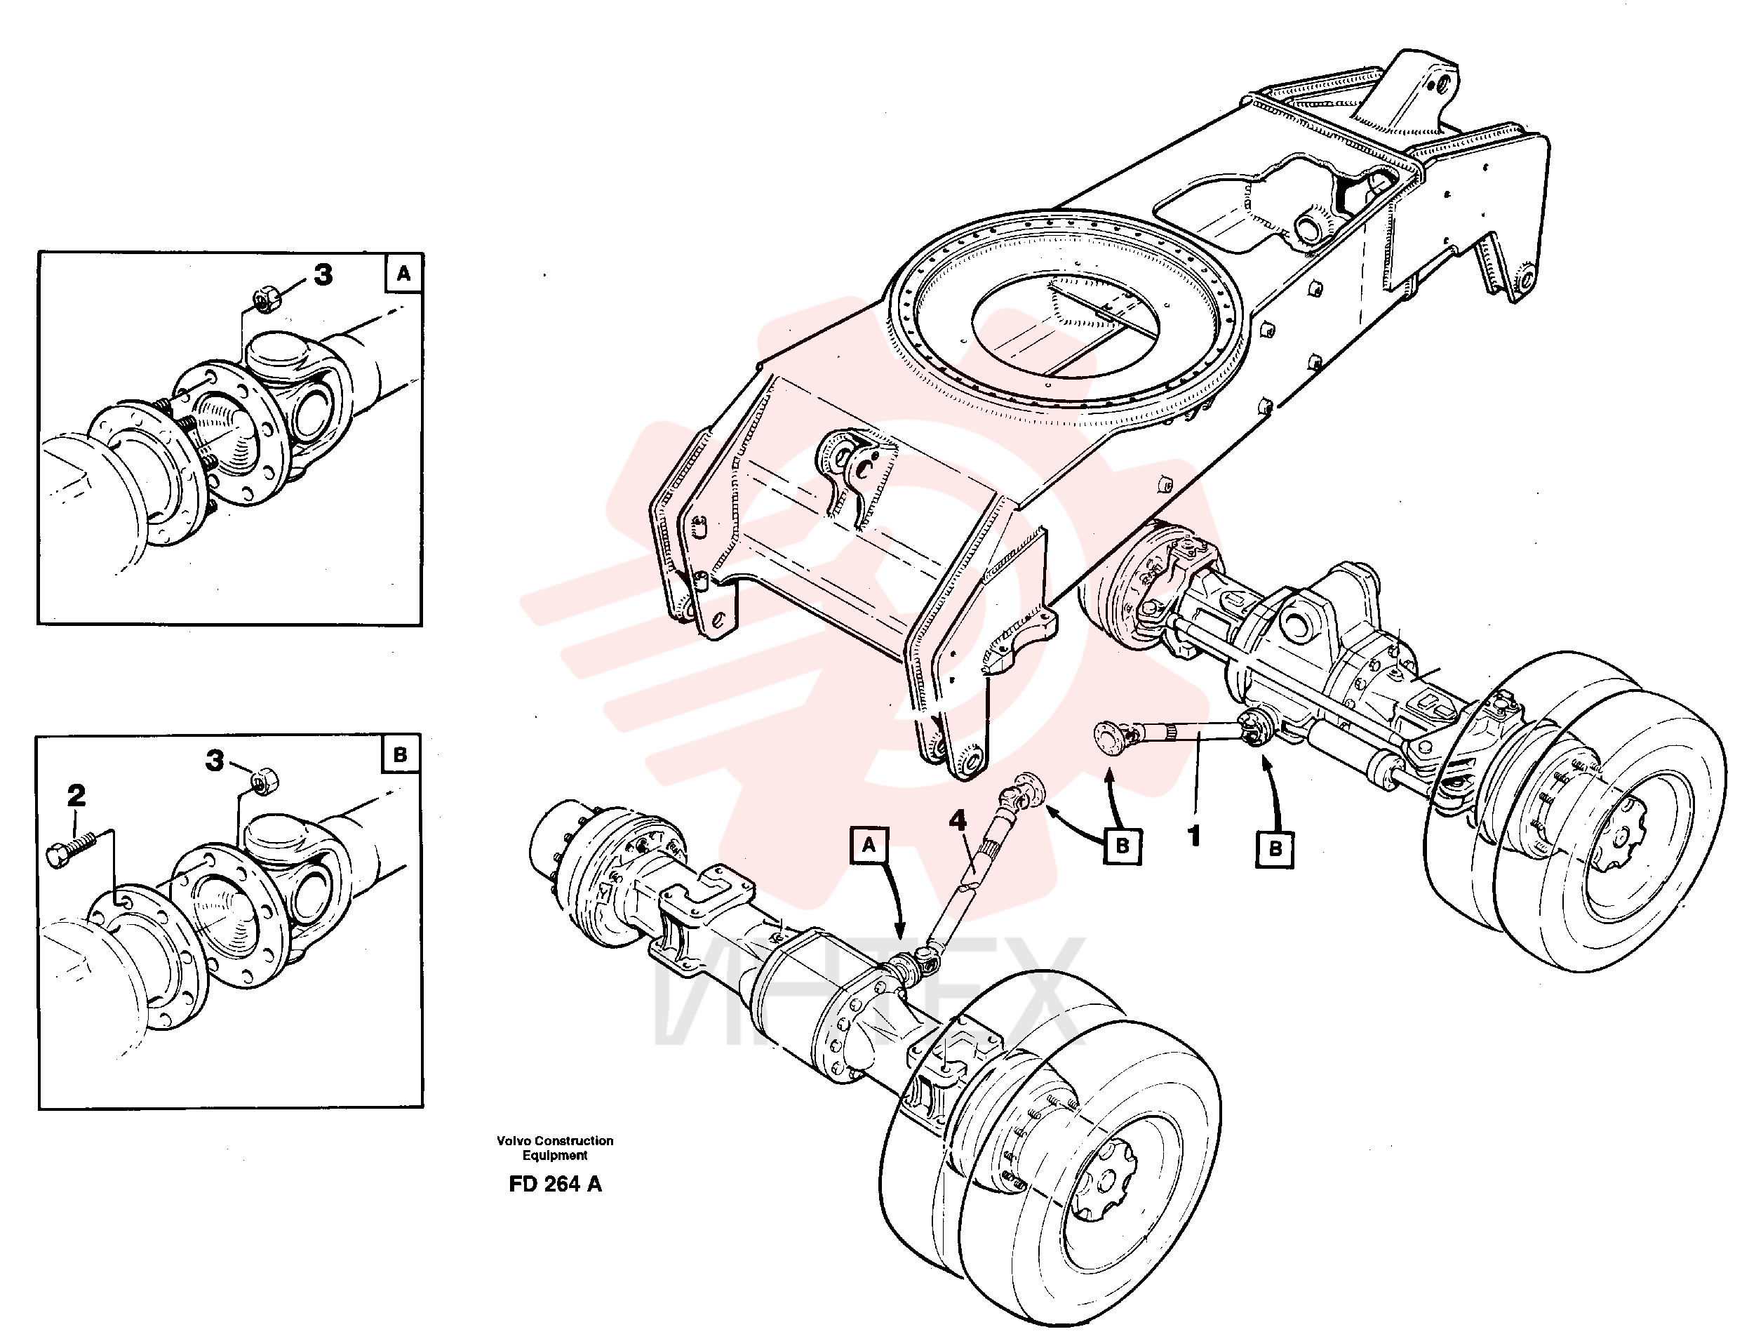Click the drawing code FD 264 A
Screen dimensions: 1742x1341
click(555, 1184)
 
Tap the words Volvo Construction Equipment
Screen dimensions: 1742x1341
click(555, 1147)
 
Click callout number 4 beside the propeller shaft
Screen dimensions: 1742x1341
click(957, 820)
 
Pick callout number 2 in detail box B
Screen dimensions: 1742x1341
click(76, 794)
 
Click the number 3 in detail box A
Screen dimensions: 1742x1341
click(323, 274)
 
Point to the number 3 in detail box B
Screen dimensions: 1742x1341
click(215, 760)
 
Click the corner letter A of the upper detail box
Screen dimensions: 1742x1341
click(403, 274)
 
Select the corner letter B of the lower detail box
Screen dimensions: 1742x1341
click(401, 754)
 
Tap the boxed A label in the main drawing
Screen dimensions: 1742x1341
click(869, 845)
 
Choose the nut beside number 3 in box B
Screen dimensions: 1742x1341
click(264, 780)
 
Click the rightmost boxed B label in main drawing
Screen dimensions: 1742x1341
click(1275, 850)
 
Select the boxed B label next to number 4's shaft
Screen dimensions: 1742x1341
click(1123, 846)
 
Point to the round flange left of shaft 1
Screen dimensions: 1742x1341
click(1107, 736)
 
